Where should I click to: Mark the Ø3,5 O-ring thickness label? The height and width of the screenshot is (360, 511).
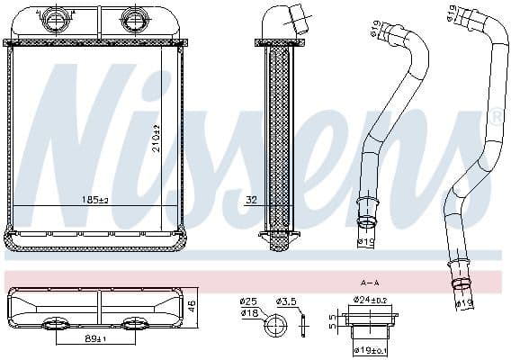click(287, 300)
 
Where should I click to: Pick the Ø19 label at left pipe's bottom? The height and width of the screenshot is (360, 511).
click(365, 241)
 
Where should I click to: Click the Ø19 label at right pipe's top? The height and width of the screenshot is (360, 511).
click(450, 15)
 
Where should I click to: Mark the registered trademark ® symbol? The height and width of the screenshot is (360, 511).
click(495, 117)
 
